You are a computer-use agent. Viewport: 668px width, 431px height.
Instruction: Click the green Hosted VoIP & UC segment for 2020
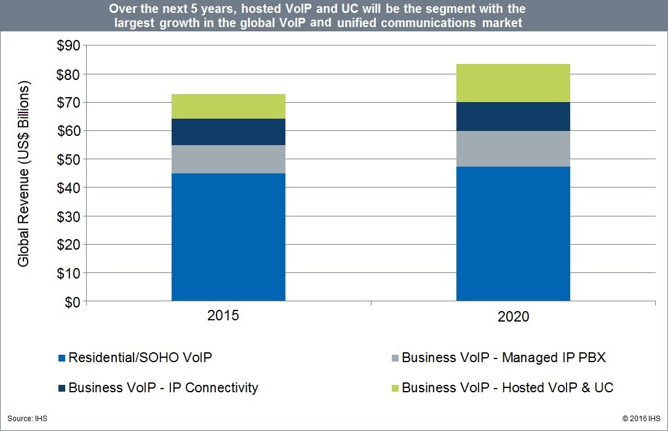click(513, 83)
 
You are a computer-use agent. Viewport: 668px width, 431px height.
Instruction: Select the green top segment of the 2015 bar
click(228, 106)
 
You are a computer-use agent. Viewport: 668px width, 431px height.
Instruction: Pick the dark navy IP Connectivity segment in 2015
click(228, 132)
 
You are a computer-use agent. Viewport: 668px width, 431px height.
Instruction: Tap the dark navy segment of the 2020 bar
click(513, 116)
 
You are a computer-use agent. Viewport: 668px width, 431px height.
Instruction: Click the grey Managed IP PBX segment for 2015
click(228, 159)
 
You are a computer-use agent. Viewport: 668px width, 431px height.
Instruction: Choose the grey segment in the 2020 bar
click(513, 148)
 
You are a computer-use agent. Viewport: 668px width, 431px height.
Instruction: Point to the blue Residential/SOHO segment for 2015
click(228, 237)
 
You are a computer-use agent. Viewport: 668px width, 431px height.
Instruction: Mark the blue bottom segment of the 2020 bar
click(513, 234)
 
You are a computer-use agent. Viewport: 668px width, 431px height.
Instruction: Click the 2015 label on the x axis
click(223, 316)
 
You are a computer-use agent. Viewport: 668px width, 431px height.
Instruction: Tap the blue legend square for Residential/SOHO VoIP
click(61, 358)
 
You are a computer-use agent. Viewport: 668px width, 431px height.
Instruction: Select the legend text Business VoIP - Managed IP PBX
click(504, 357)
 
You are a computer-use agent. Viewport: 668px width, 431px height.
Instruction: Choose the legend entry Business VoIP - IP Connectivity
click(163, 388)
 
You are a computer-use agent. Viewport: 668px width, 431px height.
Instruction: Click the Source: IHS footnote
click(27, 419)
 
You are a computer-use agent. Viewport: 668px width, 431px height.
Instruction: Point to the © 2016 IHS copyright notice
click(640, 419)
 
